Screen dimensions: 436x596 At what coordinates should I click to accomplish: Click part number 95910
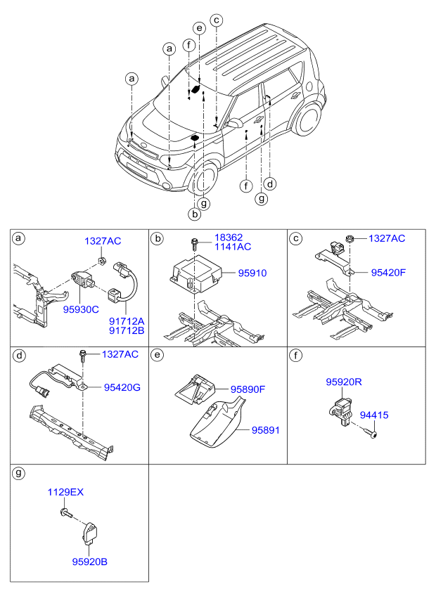[252, 273]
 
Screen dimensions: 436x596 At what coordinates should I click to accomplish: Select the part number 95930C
[81, 309]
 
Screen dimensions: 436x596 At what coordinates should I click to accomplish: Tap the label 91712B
[127, 330]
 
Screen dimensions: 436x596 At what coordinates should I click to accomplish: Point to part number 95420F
[388, 273]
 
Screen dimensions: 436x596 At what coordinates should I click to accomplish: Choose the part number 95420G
[122, 387]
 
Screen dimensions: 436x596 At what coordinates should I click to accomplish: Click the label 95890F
[248, 389]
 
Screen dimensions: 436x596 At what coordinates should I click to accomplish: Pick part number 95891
[266, 430]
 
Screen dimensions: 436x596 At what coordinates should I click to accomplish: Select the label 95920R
[344, 382]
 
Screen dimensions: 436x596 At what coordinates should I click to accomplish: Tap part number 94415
[374, 415]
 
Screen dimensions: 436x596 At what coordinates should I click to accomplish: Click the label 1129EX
[65, 492]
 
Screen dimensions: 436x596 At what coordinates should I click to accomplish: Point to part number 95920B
[90, 562]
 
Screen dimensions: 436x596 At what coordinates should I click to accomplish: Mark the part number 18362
[229, 238]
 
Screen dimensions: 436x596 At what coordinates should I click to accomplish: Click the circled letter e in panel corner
[157, 356]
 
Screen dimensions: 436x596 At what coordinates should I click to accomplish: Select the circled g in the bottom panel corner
[19, 473]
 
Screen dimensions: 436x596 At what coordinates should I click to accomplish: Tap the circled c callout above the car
[216, 20]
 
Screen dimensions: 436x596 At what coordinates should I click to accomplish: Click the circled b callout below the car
[194, 214]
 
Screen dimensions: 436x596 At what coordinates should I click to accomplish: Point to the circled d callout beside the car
[270, 184]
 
